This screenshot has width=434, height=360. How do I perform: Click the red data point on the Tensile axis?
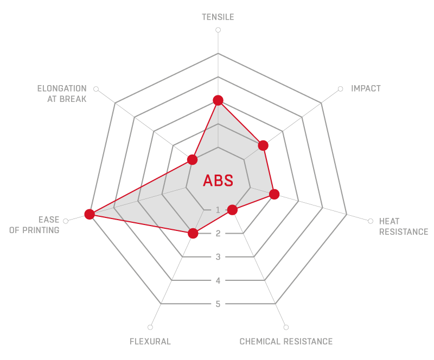[x=218, y=100]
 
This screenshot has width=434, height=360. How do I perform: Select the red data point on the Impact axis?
[x=263, y=145]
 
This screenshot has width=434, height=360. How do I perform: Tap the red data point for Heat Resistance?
[x=274, y=194]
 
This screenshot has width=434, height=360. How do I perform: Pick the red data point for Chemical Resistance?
[x=232, y=210]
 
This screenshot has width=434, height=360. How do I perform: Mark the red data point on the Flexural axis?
[x=193, y=233]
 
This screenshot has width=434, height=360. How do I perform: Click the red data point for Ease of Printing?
[x=90, y=214]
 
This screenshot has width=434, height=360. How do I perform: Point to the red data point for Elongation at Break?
[x=192, y=159]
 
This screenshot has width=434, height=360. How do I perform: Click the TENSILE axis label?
[x=218, y=17]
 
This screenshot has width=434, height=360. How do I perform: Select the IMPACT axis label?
[x=366, y=88]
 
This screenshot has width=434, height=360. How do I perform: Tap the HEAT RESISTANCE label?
[x=404, y=226]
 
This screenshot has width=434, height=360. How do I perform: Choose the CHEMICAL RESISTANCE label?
[x=286, y=342]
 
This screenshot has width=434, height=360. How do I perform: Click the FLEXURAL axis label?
[x=150, y=342]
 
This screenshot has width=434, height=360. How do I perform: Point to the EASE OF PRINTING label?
[x=34, y=224]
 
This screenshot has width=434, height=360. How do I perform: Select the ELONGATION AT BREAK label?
[x=62, y=94]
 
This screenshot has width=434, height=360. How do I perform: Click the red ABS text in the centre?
[x=218, y=181]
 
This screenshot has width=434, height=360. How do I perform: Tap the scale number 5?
[x=218, y=304]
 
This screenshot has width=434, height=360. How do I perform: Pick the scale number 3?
[x=218, y=257]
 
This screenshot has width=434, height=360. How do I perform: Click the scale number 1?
[x=218, y=210]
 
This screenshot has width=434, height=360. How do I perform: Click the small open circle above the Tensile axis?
[x=218, y=30]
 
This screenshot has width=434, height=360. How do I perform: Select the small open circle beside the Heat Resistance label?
[x=371, y=221]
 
